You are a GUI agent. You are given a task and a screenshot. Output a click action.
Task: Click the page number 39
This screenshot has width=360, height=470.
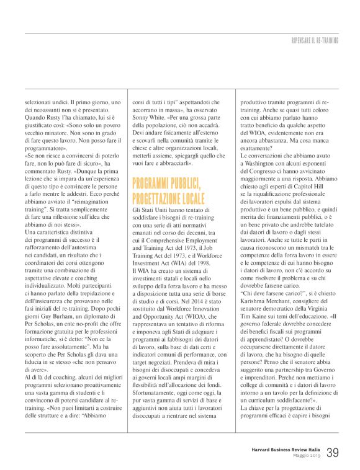point(333,453)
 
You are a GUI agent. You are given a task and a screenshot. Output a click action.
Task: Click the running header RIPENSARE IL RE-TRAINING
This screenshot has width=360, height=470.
point(315,40)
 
